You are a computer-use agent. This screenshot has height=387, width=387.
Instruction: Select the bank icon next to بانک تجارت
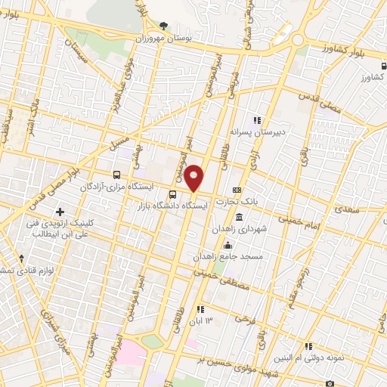point(237,190)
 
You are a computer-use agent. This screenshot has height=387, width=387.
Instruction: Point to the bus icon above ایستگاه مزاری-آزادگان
point(116,175)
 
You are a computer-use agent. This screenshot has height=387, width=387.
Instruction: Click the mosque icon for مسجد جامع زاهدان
point(228,244)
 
